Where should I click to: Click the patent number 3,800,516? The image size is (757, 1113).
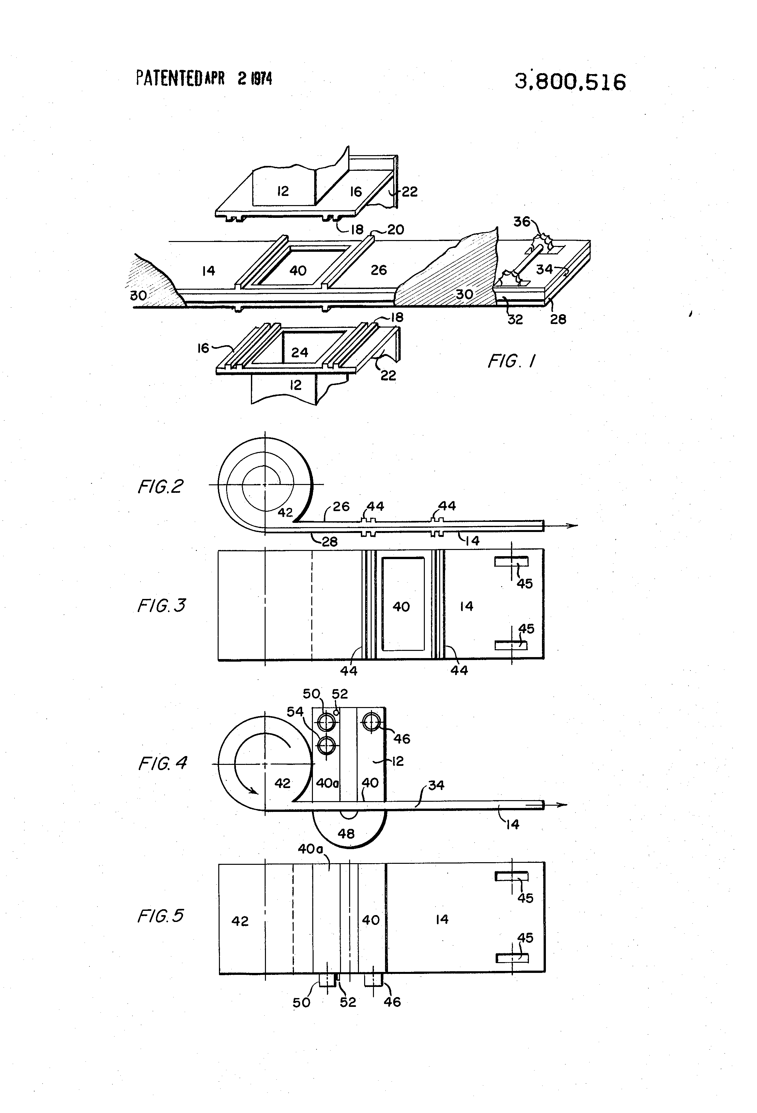click(570, 82)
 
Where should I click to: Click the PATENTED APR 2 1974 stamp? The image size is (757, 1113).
click(204, 78)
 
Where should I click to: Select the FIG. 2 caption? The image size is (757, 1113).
click(160, 487)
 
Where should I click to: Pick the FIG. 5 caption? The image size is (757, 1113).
click(160, 916)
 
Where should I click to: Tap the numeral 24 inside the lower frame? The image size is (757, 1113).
click(300, 352)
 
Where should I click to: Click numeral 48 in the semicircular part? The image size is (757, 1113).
click(346, 834)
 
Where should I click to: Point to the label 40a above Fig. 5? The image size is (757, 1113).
click(310, 849)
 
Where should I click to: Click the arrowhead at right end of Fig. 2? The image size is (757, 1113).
click(572, 525)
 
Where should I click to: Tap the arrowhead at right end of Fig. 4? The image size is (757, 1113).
click(561, 805)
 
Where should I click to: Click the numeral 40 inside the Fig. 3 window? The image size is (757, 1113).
click(401, 607)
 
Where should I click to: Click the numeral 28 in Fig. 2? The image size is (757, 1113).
click(329, 542)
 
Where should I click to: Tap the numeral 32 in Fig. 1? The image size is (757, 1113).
click(515, 319)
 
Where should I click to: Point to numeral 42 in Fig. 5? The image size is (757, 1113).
click(240, 921)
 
